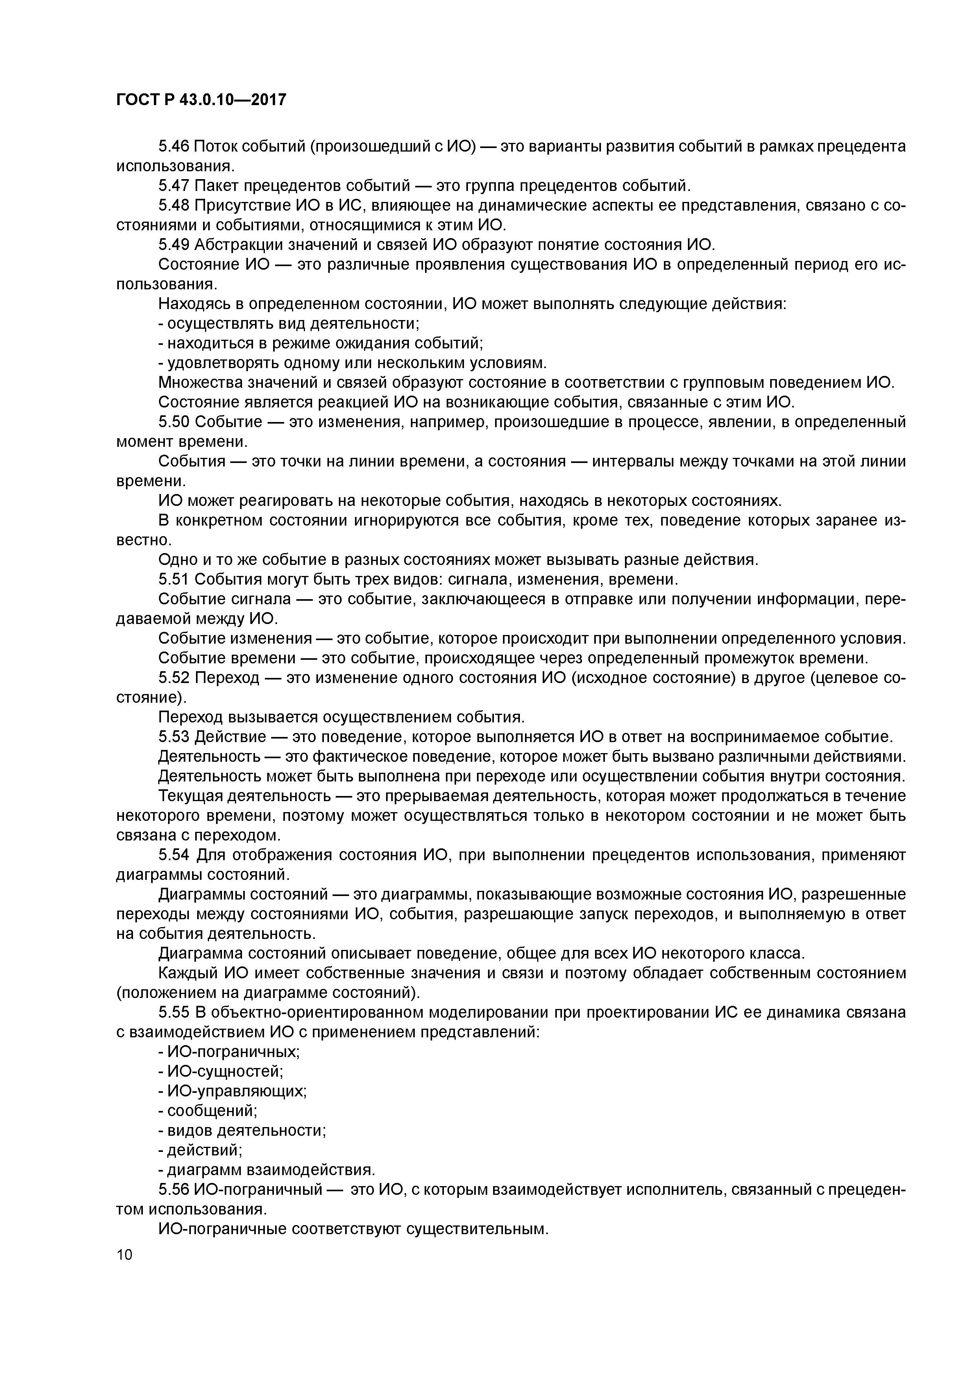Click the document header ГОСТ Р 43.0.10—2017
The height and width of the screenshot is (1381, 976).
click(201, 100)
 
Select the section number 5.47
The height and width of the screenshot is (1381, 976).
click(174, 185)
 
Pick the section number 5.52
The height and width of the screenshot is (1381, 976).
click(174, 678)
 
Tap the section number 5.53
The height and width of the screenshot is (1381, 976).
click(174, 737)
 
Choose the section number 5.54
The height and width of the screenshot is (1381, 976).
click(174, 855)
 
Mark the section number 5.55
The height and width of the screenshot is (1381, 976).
click(174, 1013)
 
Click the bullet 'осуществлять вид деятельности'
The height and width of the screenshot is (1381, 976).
click(291, 324)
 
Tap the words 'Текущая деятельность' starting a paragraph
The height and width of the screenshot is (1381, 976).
click(244, 796)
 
